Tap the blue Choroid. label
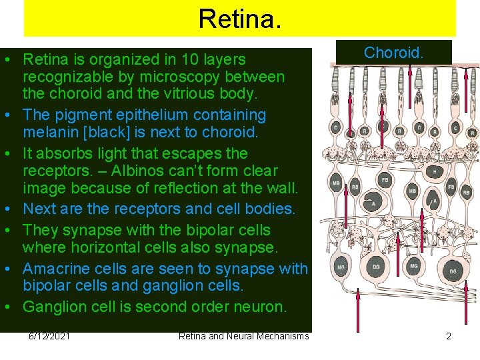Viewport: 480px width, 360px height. click(x=393, y=53)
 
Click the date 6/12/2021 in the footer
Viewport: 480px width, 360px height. click(x=51, y=336)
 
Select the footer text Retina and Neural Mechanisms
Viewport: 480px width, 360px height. click(x=243, y=336)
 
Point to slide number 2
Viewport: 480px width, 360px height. click(x=449, y=336)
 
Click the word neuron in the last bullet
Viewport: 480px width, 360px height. click(x=262, y=307)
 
